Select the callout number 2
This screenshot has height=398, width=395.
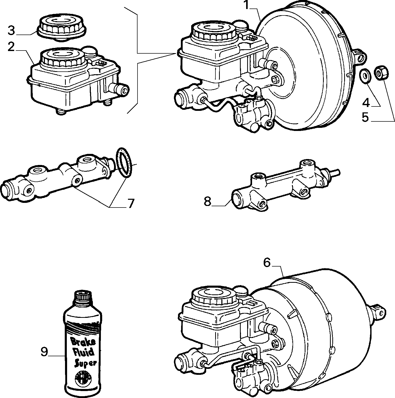11,47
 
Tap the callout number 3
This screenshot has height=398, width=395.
11,31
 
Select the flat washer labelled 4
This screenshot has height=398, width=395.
364,76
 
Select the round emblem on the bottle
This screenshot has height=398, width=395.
83,378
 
